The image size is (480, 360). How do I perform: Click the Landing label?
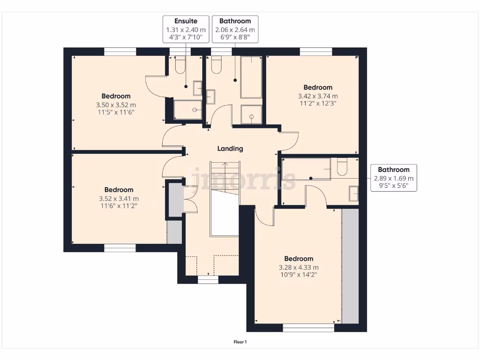230,149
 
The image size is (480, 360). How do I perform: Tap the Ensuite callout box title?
186,21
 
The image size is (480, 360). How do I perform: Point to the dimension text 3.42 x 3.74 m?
318,96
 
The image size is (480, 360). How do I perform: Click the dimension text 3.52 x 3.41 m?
119,198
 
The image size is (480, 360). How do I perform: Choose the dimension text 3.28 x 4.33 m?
299,268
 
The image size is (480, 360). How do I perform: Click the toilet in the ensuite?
179,65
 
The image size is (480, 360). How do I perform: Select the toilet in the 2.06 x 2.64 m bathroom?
216,65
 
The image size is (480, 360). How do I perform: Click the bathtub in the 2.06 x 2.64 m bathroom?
251,77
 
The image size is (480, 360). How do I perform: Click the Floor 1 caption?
240,342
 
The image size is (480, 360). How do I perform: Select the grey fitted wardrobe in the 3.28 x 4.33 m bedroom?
350,266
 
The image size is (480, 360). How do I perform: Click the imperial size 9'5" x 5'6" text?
394,186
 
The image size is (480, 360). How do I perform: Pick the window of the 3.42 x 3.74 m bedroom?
316,51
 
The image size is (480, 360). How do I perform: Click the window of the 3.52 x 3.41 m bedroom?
120,248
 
